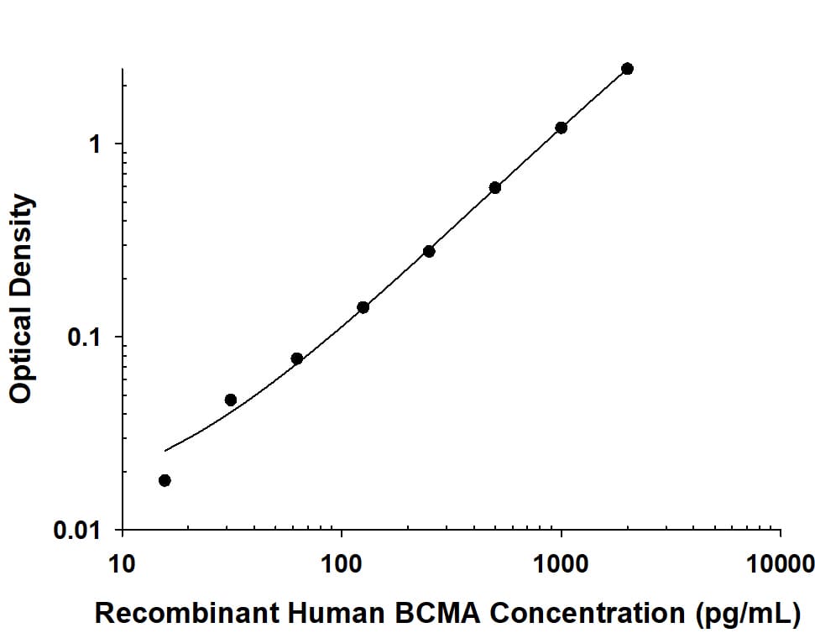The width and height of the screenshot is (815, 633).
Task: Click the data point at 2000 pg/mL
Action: (x=627, y=69)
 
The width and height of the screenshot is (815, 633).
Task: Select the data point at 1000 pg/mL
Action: (x=561, y=128)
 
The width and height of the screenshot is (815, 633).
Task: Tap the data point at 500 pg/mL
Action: (x=495, y=187)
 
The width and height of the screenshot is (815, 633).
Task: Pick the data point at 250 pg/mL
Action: (x=429, y=251)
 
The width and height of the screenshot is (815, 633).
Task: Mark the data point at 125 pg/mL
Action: (x=363, y=307)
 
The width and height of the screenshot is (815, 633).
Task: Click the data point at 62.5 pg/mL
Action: (x=297, y=358)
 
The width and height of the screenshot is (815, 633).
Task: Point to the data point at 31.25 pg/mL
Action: (x=231, y=400)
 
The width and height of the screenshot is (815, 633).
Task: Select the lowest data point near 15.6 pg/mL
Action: (x=165, y=480)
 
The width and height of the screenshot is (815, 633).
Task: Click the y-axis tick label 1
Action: (x=94, y=144)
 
